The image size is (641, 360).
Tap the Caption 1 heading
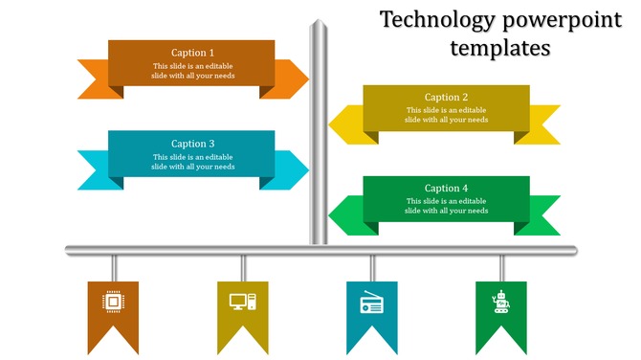point(192,53)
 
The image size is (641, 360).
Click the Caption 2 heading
point(446,97)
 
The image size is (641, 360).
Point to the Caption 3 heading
point(192,145)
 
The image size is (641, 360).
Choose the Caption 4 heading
point(446,189)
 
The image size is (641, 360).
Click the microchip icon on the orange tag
point(113,303)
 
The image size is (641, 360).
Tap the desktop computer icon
point(243,303)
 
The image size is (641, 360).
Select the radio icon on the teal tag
point(371,304)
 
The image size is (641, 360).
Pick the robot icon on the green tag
point(500,303)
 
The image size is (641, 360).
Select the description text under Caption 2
point(446,115)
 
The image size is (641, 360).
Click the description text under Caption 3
point(192,162)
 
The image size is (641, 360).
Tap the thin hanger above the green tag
point(501,268)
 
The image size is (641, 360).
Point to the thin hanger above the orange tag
point(114,268)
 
